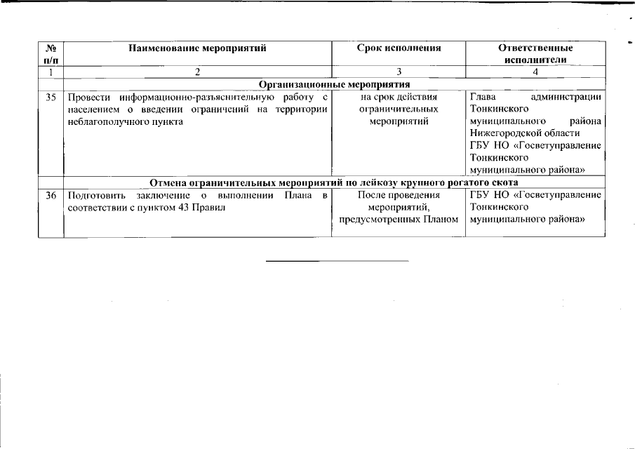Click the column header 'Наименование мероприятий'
[197, 48]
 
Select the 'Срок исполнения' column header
[399, 48]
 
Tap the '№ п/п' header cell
[51, 54]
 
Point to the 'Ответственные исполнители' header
[535, 54]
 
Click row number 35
[51, 97]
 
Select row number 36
[51, 194]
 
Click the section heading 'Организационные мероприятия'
[334, 84]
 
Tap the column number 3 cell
[399, 72]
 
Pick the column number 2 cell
[197, 72]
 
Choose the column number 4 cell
[535, 72]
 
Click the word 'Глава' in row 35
[483, 97]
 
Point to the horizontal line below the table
[337, 261]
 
